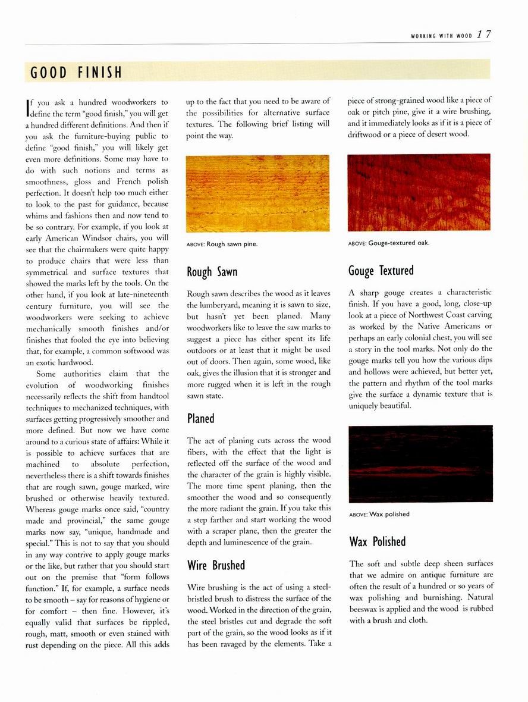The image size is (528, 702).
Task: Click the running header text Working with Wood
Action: coord(441,36)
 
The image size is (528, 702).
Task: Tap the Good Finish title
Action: coord(77,73)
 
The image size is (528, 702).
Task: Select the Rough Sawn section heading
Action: coord(212,272)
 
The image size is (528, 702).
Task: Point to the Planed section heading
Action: coord(200,418)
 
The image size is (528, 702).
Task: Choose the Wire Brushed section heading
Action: coord(216,565)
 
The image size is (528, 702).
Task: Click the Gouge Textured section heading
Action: coord(381,271)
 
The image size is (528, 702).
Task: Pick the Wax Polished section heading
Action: coord(378,541)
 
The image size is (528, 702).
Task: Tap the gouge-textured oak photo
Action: coord(419,193)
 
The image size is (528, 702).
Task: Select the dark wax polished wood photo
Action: coord(420,463)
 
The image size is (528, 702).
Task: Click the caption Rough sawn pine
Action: coord(222,244)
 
